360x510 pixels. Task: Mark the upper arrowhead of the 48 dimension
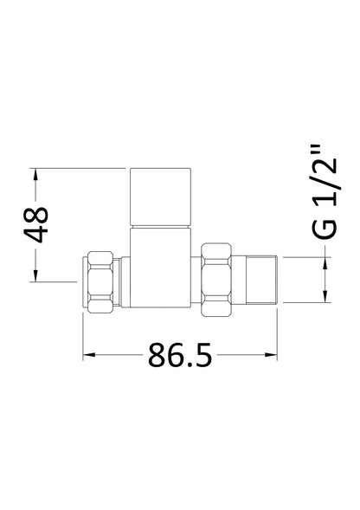click(36, 174)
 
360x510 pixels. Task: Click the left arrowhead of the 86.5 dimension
click(89, 355)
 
